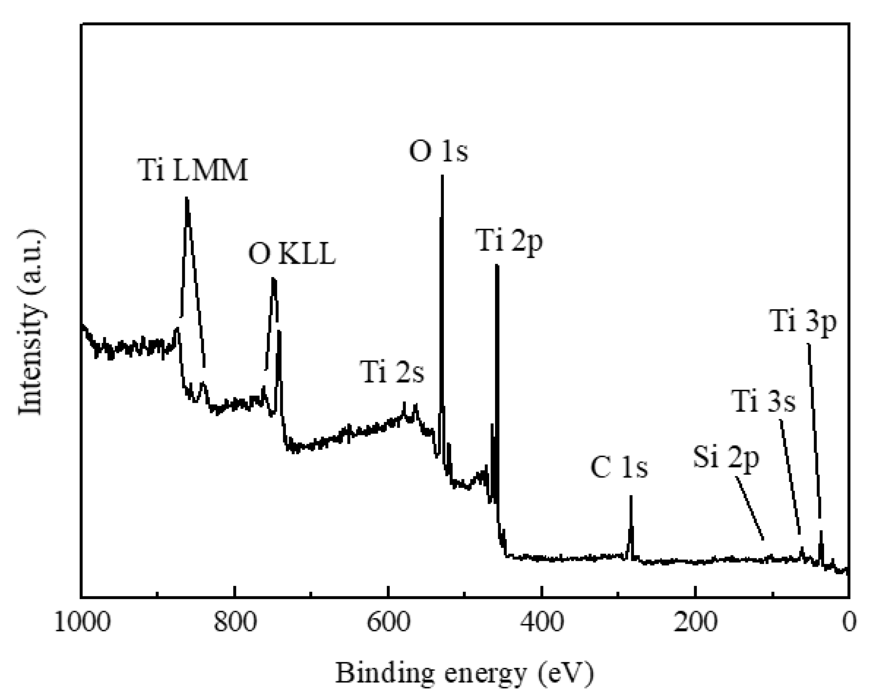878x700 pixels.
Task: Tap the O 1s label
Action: pyautogui.click(x=438, y=151)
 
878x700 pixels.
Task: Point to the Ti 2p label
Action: pyautogui.click(x=510, y=241)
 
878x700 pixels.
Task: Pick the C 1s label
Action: pyautogui.click(x=619, y=468)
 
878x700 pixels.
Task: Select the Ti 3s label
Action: pyautogui.click(x=764, y=402)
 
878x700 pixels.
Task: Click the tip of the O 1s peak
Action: pyautogui.click(x=442, y=176)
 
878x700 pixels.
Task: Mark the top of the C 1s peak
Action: pyautogui.click(x=631, y=496)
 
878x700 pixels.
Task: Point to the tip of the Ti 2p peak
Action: pyautogui.click(x=496, y=266)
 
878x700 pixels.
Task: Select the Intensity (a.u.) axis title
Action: pyautogui.click(x=31, y=322)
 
